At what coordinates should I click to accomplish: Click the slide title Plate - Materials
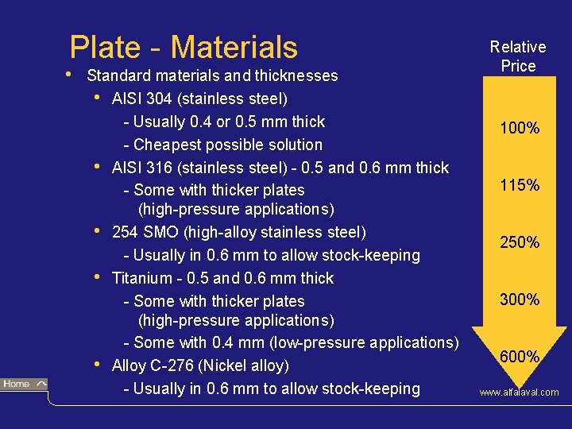[184, 47]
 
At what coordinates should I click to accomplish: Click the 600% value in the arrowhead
[520, 357]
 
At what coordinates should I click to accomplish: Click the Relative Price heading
[518, 56]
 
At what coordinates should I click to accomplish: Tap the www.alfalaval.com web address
[518, 392]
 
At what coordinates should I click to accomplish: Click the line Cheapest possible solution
[227, 145]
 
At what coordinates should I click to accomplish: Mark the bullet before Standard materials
[71, 75]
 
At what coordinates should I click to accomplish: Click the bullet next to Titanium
[97, 277]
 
